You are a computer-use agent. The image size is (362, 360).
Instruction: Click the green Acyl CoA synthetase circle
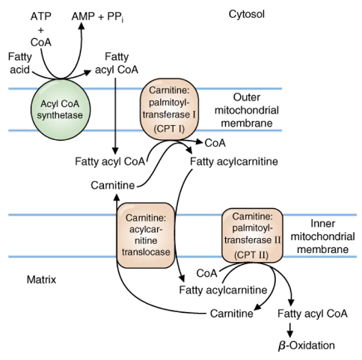coord(61,109)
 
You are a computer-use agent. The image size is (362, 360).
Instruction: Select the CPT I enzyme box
coord(169,109)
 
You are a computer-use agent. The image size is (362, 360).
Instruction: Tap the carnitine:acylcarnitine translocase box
coord(146,235)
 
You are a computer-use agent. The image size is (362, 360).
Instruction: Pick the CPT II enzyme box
coord(252,235)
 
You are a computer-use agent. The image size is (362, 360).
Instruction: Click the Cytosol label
coord(247,14)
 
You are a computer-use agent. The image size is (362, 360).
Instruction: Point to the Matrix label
coord(41,280)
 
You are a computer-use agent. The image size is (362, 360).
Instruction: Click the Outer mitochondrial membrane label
coord(247,110)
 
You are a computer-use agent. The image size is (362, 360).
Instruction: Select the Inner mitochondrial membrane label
coord(323,237)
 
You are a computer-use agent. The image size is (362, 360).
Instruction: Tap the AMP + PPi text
coord(97,17)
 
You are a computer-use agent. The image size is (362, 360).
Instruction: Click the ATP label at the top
coord(41,16)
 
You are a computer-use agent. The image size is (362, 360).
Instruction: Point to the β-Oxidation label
coord(307,346)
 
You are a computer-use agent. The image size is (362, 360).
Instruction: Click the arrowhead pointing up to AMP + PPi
coord(81,25)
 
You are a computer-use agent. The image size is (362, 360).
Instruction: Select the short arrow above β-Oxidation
coord(289,330)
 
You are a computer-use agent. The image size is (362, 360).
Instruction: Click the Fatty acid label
coord(20,63)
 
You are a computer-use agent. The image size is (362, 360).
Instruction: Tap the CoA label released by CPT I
coord(215,143)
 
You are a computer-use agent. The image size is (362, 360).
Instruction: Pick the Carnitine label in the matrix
coord(232,314)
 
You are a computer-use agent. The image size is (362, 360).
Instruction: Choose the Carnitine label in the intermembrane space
coord(113,186)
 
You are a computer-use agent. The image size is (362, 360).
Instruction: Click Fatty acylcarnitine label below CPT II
coord(223,290)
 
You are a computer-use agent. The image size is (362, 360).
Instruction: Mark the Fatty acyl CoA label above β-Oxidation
coord(313,314)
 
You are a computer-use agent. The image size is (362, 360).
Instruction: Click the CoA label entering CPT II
coord(206,273)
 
